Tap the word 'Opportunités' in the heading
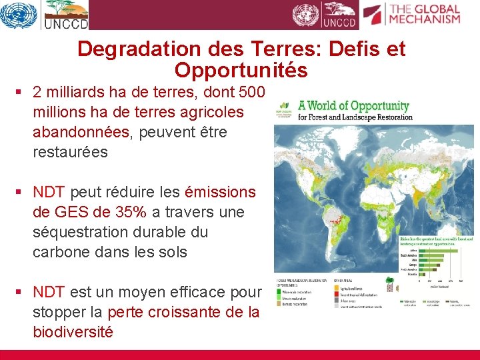coord(241,70)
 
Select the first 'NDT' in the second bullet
coord(49,192)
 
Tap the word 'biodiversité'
coord(73,332)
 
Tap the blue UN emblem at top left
coord(18,15)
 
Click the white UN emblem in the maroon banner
coord(306,15)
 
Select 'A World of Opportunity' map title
coord(353,106)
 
